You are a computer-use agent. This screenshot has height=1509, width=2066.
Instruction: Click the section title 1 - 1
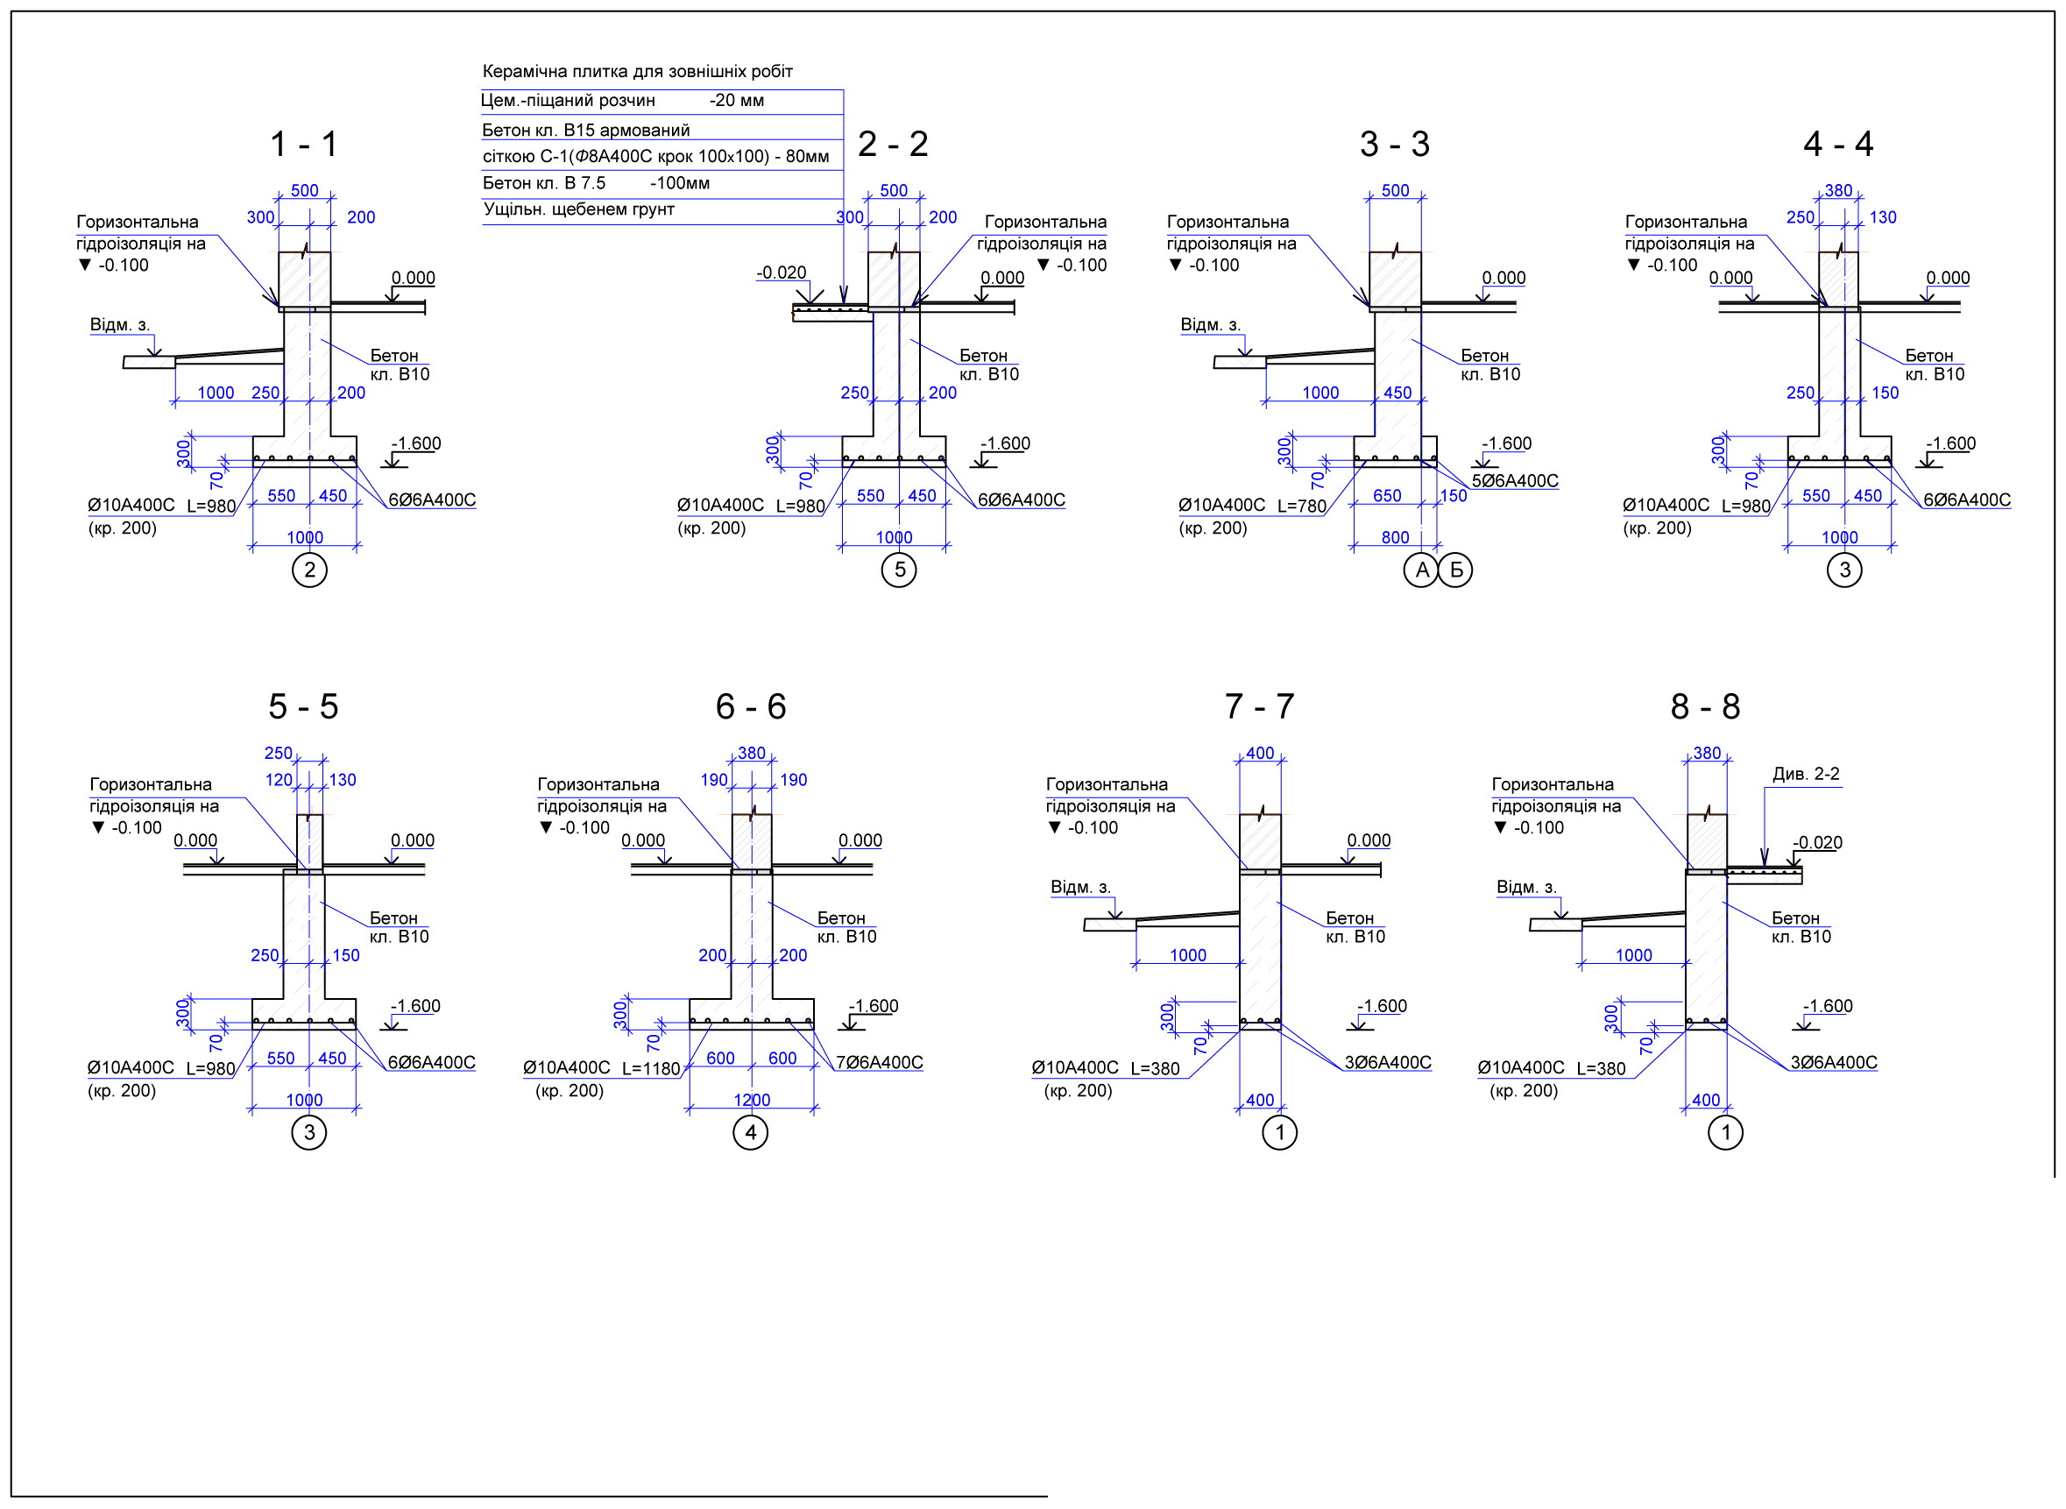304,145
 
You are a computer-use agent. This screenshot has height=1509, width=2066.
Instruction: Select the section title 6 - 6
751,707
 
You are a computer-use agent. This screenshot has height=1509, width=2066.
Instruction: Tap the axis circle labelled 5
899,570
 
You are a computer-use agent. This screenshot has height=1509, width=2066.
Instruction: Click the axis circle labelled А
1421,570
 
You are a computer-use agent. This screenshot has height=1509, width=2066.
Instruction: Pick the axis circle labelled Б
1456,570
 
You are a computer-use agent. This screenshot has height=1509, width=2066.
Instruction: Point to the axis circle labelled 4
751,1133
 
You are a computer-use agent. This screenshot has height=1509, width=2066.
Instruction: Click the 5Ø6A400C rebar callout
1514,481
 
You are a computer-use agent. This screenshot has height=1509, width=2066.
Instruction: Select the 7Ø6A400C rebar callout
880,1062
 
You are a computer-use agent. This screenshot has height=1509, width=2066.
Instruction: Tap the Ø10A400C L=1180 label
602,1068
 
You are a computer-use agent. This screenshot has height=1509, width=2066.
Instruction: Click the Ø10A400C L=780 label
1252,505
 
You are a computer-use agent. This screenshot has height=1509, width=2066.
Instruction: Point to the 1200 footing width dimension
752,1100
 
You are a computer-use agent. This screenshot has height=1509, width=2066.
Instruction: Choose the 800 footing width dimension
1395,537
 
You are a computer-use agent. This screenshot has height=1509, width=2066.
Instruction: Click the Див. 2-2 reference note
1806,774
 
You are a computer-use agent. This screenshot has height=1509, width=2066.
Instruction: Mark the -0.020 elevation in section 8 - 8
1816,842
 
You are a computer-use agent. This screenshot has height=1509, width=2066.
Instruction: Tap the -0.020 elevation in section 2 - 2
781,273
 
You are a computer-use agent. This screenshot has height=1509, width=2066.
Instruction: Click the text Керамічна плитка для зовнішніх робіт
638,71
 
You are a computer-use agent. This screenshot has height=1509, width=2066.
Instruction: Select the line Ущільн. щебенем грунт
579,209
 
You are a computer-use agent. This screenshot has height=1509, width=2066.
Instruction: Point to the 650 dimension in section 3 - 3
1386,495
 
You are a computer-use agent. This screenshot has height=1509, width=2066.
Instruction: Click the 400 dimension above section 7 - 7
1260,754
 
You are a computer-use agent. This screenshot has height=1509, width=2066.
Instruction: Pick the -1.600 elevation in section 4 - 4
1950,443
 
